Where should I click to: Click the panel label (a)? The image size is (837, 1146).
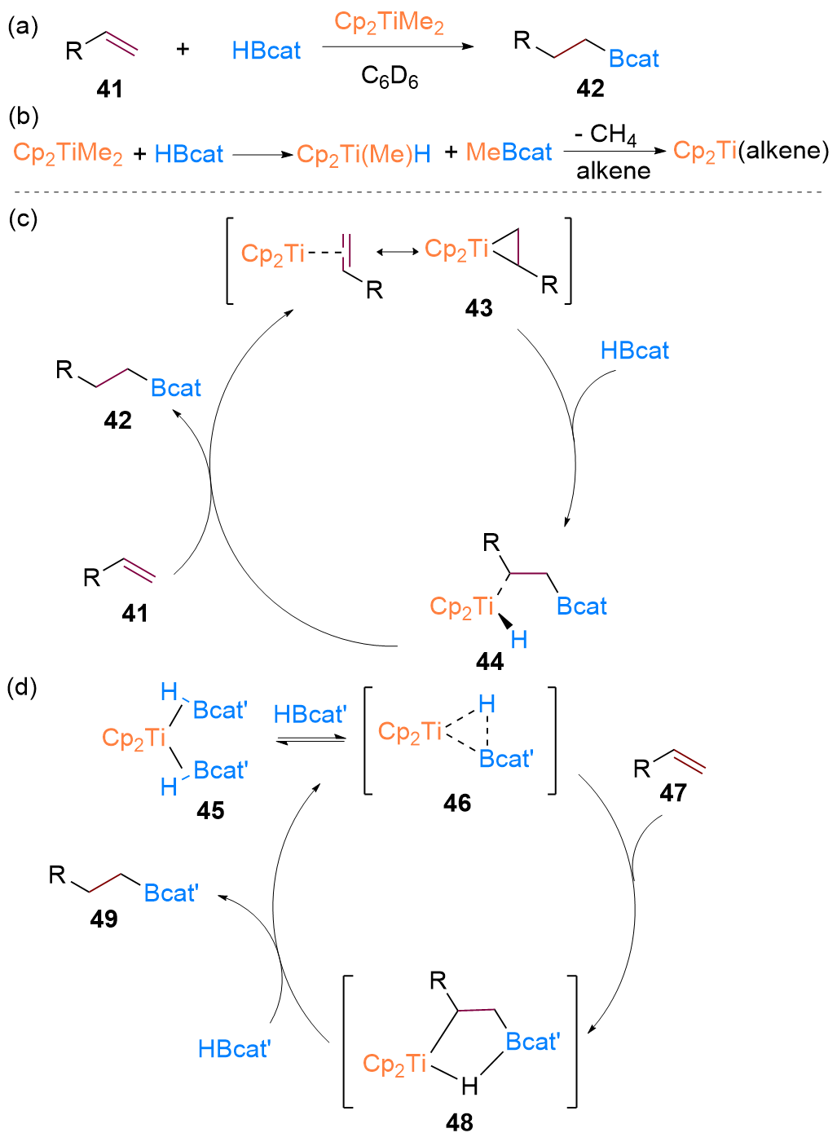(x=23, y=27)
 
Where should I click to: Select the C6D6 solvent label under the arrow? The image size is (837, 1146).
(x=390, y=77)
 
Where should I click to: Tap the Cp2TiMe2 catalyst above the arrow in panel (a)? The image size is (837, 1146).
(x=389, y=22)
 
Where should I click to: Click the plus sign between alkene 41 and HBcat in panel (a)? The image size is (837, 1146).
(x=183, y=50)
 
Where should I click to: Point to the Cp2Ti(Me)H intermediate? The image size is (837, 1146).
(x=363, y=154)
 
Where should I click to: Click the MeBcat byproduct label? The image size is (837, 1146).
(x=509, y=152)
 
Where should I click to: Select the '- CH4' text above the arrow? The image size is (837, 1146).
(x=605, y=135)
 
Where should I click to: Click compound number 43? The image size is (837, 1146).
(x=478, y=308)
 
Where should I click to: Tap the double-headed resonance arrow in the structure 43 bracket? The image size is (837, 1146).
(x=398, y=252)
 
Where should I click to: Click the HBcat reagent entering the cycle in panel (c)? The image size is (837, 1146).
(x=634, y=350)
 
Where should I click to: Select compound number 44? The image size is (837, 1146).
(x=489, y=661)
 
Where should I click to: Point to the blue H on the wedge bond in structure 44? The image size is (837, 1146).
(x=519, y=640)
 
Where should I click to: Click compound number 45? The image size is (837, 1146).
(x=210, y=810)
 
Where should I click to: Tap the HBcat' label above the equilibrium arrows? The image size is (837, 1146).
(x=310, y=715)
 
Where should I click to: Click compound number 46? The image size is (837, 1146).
(x=457, y=803)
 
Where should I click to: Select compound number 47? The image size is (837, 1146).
(x=673, y=792)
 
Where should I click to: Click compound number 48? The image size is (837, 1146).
(x=460, y=1122)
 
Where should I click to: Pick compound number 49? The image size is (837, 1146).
(x=104, y=919)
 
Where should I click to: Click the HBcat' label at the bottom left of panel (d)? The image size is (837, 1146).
(x=234, y=1049)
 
